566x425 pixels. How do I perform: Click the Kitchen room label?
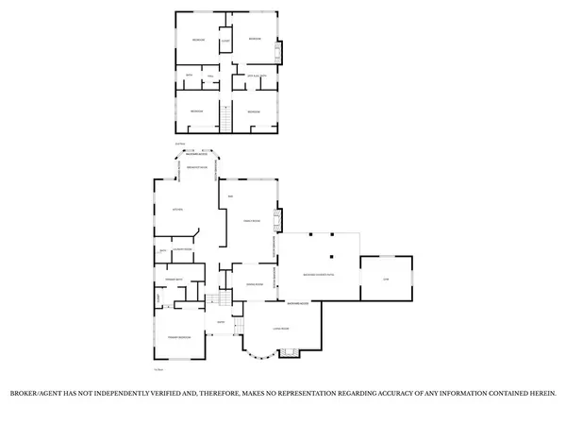175,209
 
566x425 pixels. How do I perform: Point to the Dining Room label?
254,284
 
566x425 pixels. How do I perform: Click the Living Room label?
280,328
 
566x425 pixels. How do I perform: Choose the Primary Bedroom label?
180,337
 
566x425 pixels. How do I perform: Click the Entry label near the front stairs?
220,323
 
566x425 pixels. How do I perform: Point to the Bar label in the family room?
230,195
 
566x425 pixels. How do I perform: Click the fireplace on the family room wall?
276,221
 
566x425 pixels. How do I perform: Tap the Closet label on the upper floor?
225,41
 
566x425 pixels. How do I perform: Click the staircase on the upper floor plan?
225,120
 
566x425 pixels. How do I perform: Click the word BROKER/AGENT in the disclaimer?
36,393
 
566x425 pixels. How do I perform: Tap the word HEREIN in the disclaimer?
542,393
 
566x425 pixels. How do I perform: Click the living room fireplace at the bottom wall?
291,353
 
